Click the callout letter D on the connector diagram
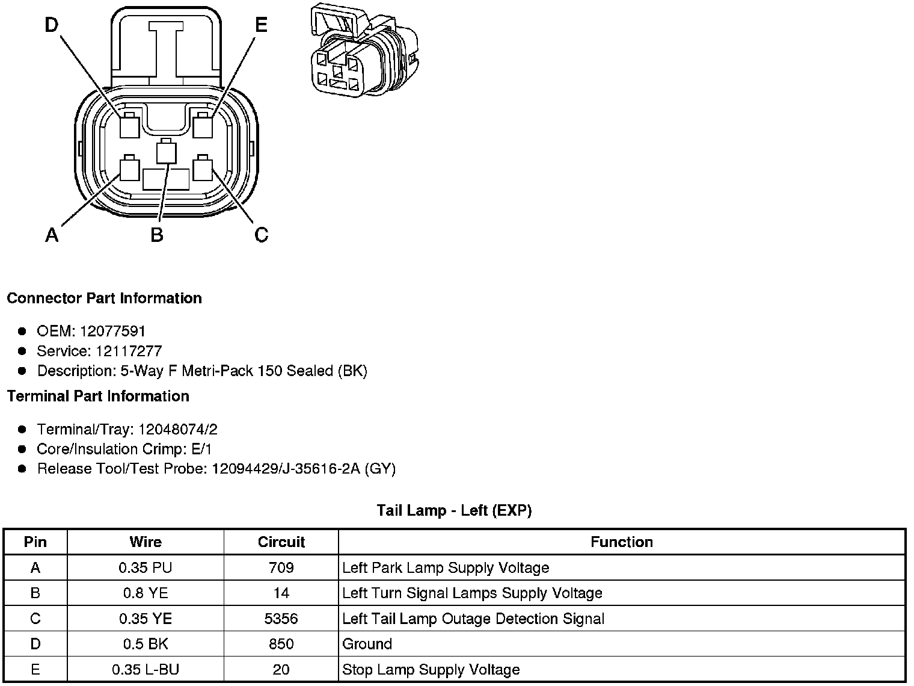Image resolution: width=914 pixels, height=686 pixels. point(52,25)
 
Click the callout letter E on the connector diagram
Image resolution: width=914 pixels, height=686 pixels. point(261,25)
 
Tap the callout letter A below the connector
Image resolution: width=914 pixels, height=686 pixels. point(52,234)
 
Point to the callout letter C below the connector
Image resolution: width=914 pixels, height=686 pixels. point(261,234)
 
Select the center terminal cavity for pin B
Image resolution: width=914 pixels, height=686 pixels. point(167,153)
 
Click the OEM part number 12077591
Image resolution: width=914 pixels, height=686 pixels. point(112,331)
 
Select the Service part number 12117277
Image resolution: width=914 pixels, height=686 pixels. point(129,351)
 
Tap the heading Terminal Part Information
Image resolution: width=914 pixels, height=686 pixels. point(98,396)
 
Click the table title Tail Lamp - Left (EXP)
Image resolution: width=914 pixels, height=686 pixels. point(454,511)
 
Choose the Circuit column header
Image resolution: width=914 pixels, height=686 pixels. point(281,542)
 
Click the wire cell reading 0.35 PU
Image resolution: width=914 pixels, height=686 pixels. point(145,567)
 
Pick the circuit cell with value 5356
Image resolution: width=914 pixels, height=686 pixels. point(281,619)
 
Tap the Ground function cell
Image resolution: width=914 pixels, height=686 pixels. point(367,644)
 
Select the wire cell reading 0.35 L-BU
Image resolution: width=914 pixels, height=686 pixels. point(145,669)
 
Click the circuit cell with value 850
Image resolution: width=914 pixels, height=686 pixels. point(281,644)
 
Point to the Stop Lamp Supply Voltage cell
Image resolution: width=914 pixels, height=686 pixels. point(431,669)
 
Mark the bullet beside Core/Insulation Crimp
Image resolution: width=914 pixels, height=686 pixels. point(22,449)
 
